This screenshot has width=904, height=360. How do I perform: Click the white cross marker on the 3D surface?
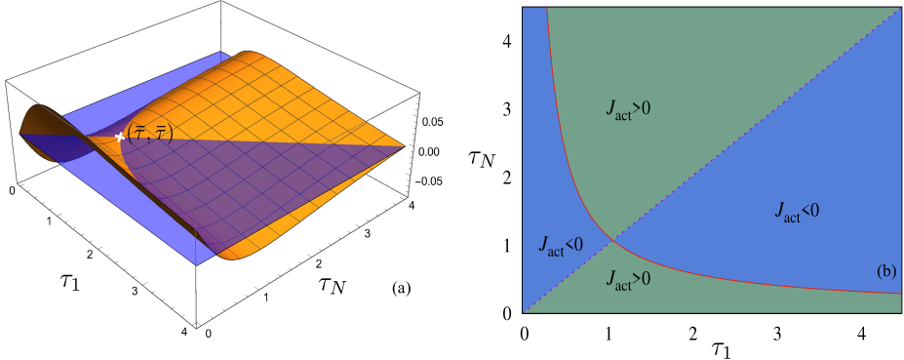[120, 138]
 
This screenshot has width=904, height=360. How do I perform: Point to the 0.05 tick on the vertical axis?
[428, 123]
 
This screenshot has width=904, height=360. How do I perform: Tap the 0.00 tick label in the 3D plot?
[428, 152]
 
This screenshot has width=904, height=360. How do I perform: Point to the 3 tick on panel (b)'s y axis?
[509, 110]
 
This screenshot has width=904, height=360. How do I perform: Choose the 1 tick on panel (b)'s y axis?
[509, 245]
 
